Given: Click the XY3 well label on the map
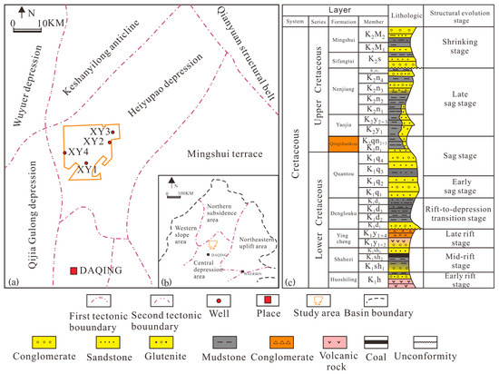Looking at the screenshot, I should (x=101, y=133).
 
